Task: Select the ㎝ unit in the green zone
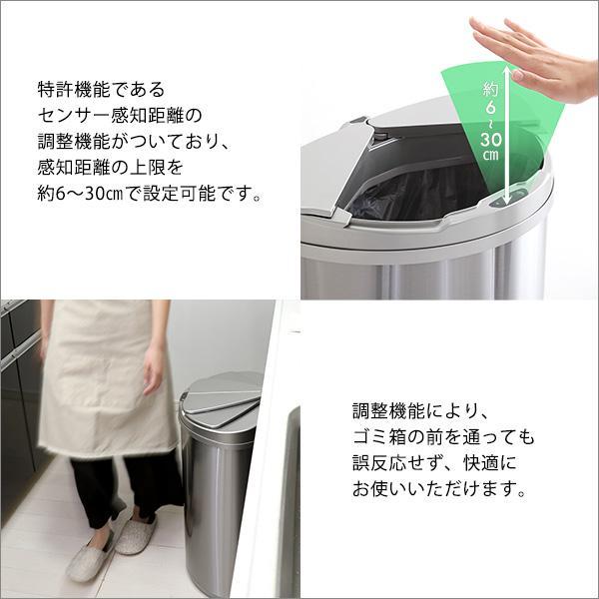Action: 490,156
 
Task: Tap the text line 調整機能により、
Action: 419,410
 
